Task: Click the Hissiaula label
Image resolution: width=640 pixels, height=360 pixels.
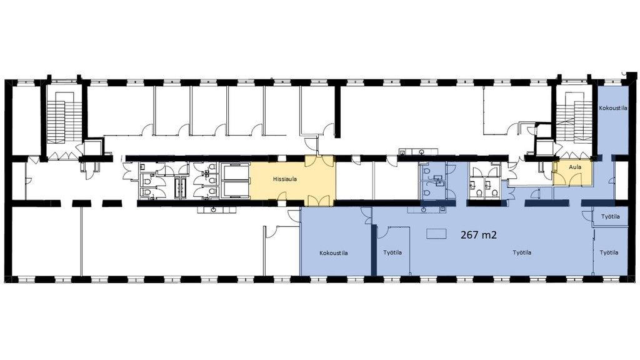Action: [x=285, y=179]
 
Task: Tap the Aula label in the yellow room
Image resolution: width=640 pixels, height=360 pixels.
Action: [x=575, y=167]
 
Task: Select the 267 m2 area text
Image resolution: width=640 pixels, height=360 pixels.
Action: [x=478, y=235]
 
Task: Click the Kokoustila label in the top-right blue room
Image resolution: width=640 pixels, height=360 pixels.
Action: [x=613, y=108]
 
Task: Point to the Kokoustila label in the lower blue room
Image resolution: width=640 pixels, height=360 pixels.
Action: [x=334, y=253]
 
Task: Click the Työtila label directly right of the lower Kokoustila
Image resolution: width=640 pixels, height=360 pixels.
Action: [x=392, y=252]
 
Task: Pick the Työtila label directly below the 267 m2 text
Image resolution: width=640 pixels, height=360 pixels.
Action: [x=522, y=252]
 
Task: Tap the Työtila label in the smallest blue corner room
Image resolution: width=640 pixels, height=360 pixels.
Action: [x=610, y=216]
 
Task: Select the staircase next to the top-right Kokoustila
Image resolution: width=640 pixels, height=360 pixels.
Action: [x=575, y=117]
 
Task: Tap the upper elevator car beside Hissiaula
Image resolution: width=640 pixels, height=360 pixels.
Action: [x=235, y=171]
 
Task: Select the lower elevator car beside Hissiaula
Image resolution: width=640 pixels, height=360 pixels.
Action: [x=235, y=189]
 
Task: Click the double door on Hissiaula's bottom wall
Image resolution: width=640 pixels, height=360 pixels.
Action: [x=319, y=201]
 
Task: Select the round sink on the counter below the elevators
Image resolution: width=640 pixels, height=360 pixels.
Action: [x=215, y=210]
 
